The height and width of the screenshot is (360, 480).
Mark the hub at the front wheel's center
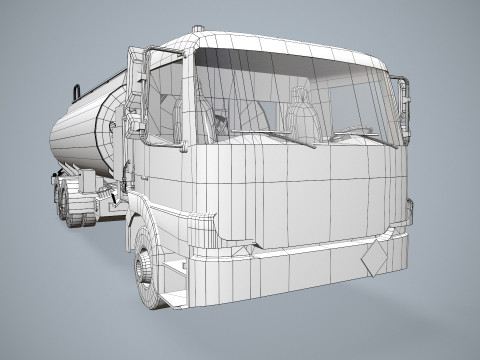pyautogui.click(x=146, y=271)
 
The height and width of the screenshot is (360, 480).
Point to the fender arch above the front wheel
pyautogui.click(x=150, y=225)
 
